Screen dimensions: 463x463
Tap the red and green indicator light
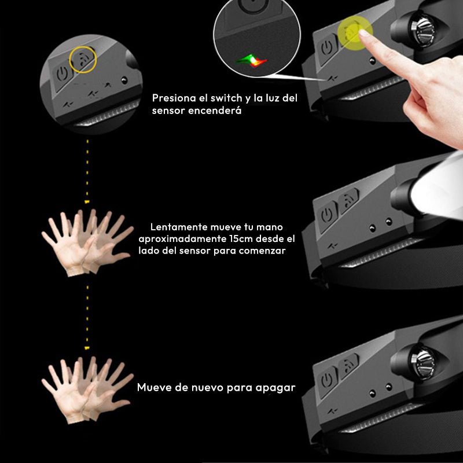coord(251,60)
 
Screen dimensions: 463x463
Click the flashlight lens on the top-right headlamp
coord(424,28)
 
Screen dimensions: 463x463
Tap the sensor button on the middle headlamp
coord(348,200)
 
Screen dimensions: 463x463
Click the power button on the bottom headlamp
coord(326,380)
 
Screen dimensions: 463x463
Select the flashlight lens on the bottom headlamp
coord(423,359)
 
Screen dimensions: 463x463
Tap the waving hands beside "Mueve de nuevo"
coord(88,390)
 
